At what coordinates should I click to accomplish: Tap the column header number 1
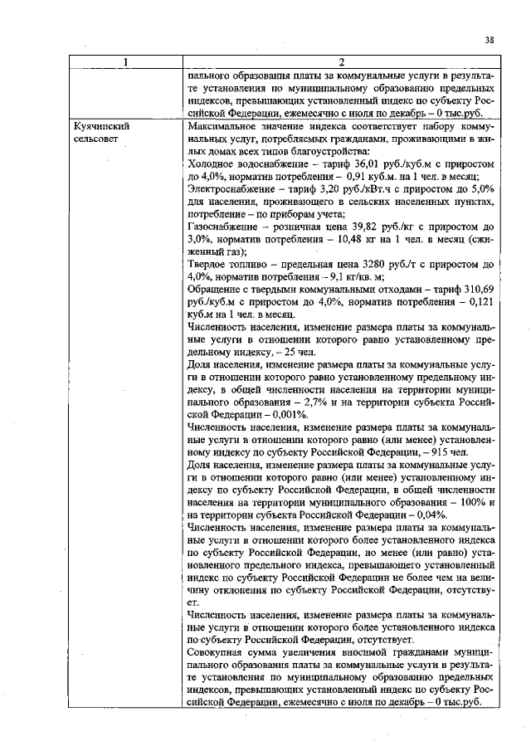coord(125,62)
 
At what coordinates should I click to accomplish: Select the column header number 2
coord(340,62)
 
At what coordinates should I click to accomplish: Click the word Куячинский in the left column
coord(100,125)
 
